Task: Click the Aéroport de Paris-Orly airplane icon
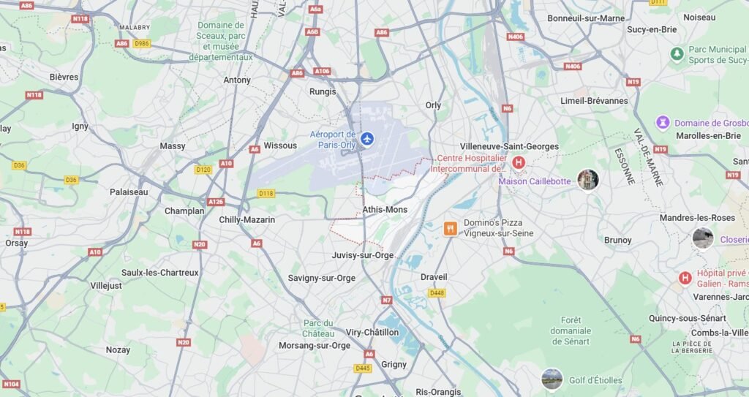[x=366, y=138]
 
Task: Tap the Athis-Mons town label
[x=385, y=210]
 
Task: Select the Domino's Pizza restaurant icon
[x=450, y=228]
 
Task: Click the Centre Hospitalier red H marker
[x=519, y=162]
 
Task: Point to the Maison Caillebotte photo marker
[x=588, y=180]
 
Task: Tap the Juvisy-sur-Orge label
[x=363, y=255]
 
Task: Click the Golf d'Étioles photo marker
[x=552, y=379]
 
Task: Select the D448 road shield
[x=437, y=293]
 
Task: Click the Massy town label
[x=173, y=146]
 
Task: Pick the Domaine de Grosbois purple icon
[x=663, y=123]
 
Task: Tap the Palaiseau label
[x=129, y=192]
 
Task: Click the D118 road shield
[x=266, y=194]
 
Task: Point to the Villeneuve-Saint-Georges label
[x=509, y=146]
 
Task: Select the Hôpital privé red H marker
[x=685, y=278]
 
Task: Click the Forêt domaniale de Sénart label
[x=571, y=330]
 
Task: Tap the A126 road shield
[x=216, y=202]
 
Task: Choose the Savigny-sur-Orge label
[x=321, y=279]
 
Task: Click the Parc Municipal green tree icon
[x=677, y=53]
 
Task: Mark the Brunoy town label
[x=618, y=240]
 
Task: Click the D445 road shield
[x=363, y=368]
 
